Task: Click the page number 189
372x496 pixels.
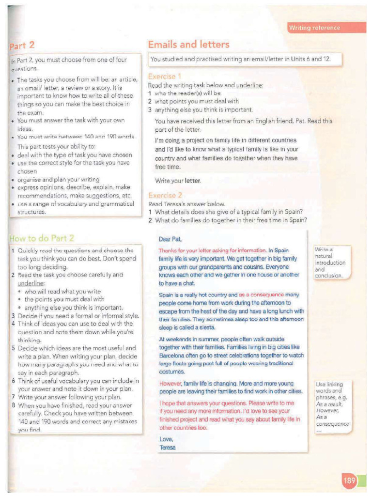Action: (349, 481)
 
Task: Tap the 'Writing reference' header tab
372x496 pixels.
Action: (314, 28)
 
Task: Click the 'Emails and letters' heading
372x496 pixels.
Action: (188, 45)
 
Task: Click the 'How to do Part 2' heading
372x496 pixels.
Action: (42, 238)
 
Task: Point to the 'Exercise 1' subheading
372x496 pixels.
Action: (165, 77)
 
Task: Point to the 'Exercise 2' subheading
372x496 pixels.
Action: (165, 196)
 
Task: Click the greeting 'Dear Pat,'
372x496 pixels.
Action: (170, 239)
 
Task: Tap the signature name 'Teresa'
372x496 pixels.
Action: (168, 447)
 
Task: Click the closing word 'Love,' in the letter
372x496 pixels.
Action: (167, 439)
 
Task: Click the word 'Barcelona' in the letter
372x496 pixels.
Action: (172, 355)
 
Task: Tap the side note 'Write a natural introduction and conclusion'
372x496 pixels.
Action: (330, 263)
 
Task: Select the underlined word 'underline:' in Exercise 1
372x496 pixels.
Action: (249, 85)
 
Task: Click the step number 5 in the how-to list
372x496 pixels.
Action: (13, 348)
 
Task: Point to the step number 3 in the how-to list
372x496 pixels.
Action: (13, 315)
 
